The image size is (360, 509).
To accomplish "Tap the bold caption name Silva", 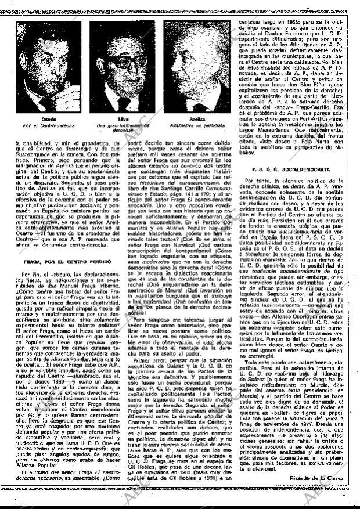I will click(x=122, y=119).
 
